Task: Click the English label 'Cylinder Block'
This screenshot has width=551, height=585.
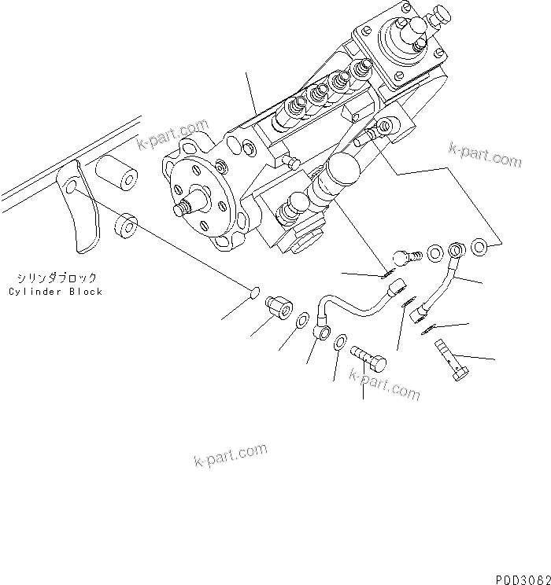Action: [56, 292]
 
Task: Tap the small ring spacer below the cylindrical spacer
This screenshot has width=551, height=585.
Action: [125, 226]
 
